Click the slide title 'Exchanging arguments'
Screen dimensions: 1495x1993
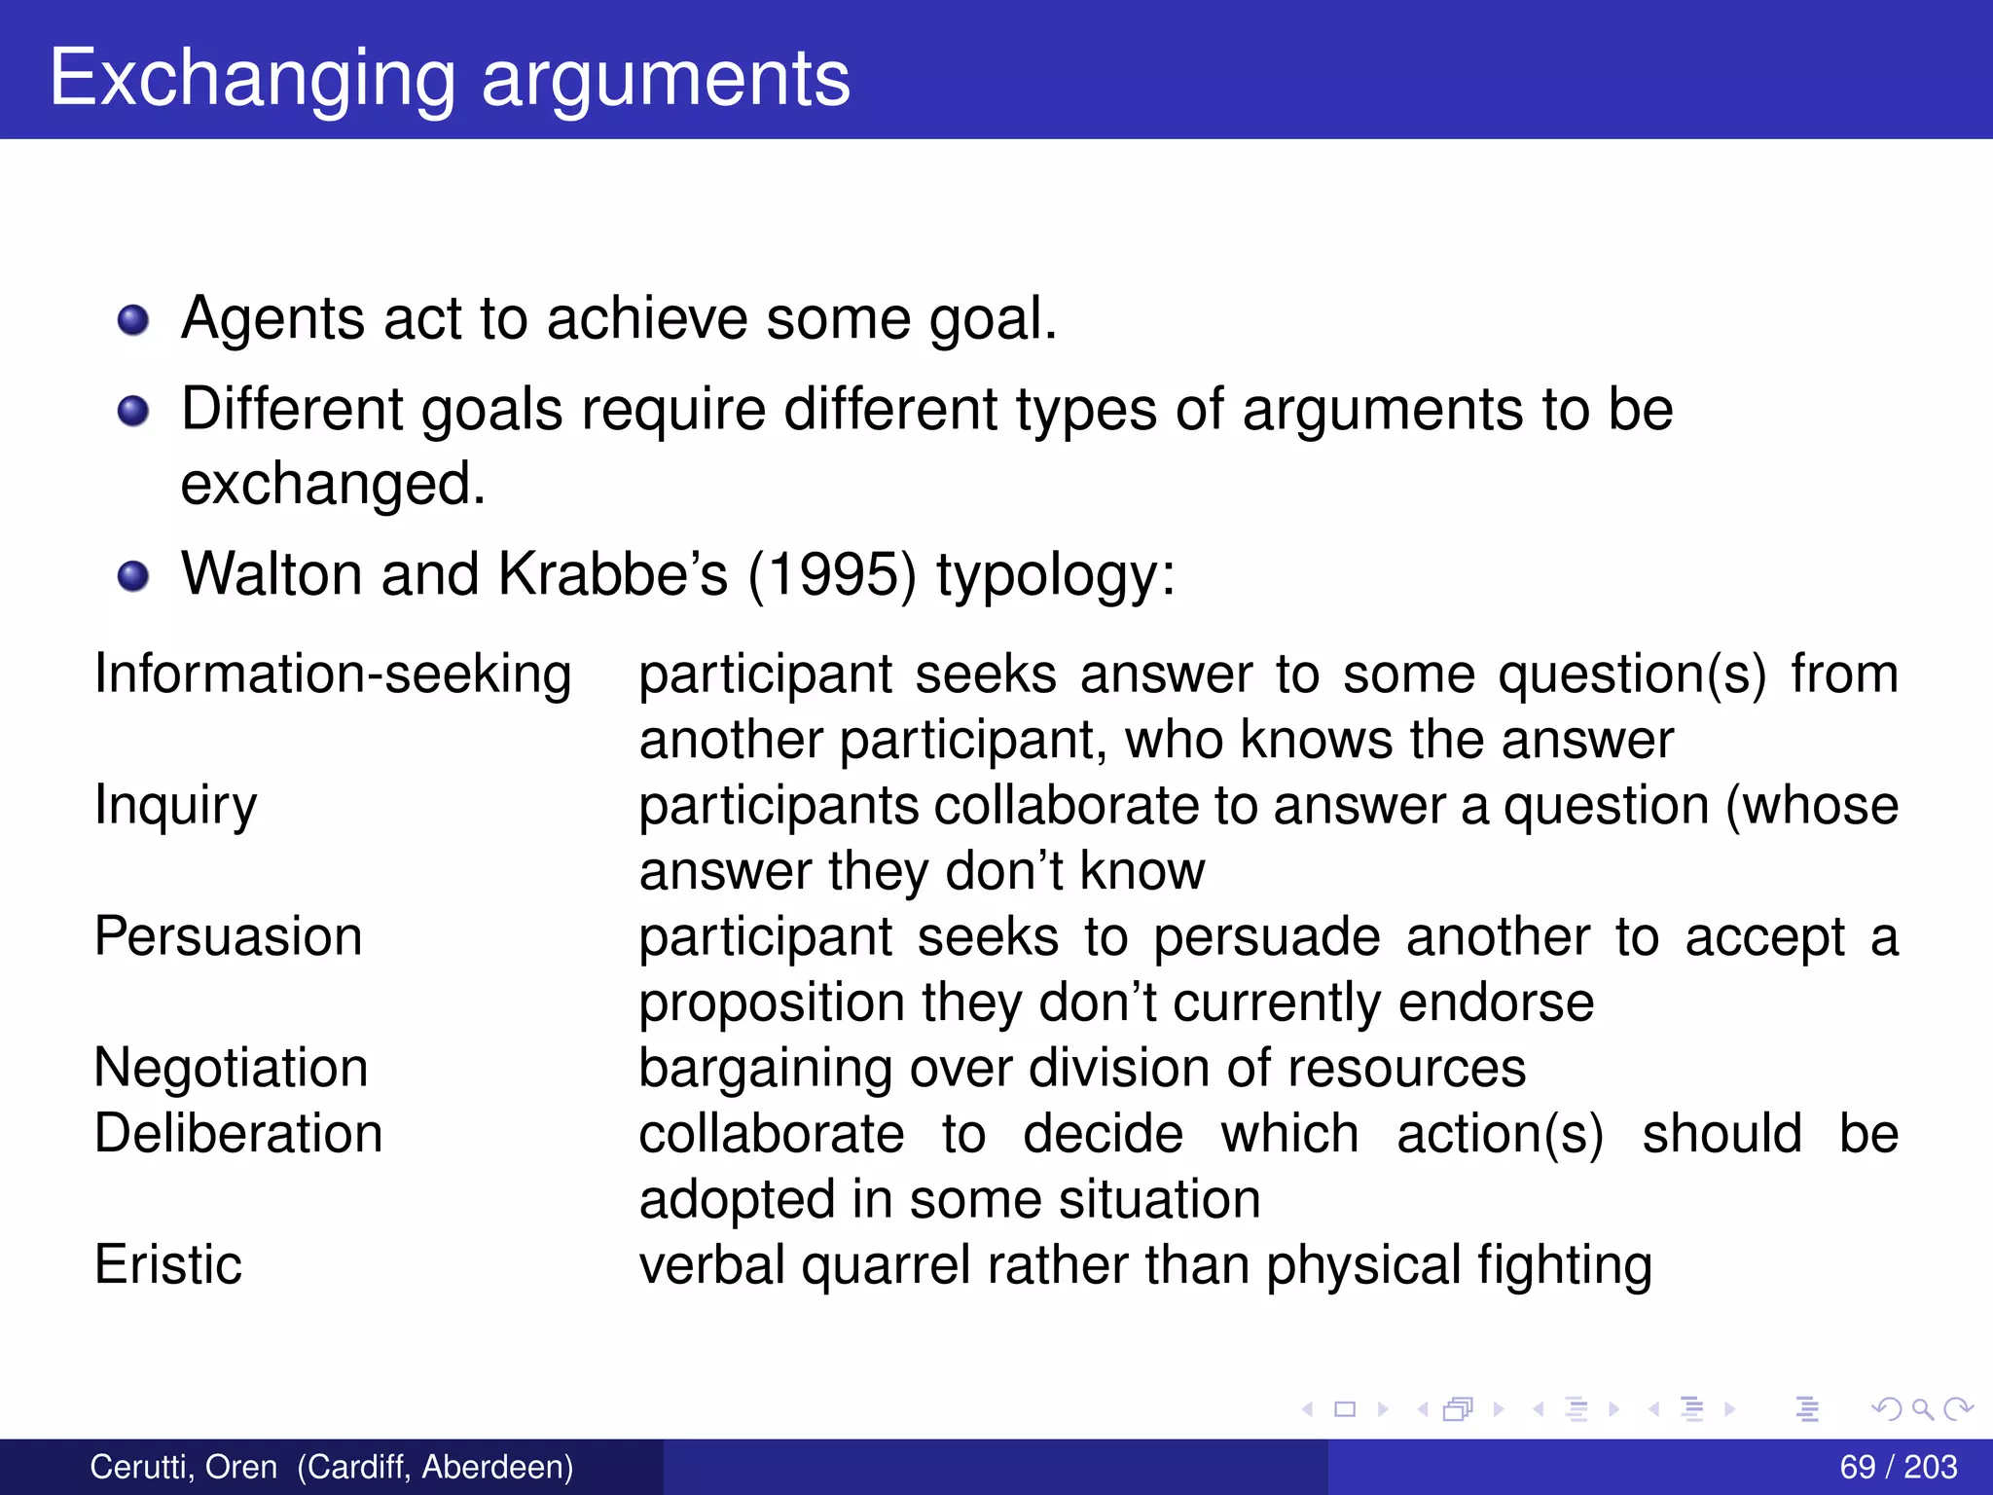click(x=450, y=78)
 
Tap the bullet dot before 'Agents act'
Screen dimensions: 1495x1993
click(x=133, y=320)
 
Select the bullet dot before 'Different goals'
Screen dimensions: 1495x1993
click(x=133, y=411)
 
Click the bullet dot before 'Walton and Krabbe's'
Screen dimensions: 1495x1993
click(x=133, y=576)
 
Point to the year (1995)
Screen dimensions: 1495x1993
click(x=832, y=574)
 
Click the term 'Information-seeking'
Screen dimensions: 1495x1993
click(x=333, y=674)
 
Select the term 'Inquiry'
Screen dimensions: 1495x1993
click(x=176, y=806)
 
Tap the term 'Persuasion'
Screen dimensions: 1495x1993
click(x=229, y=936)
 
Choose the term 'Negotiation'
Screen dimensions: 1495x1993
click(x=232, y=1068)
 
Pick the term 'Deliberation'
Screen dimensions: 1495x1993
click(x=238, y=1134)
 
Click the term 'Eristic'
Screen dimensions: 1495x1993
click(x=168, y=1265)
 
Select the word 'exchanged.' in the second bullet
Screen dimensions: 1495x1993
click(x=333, y=484)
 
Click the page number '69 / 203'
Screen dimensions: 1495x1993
click(x=1898, y=1467)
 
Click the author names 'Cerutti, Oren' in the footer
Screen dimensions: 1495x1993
click(x=184, y=1467)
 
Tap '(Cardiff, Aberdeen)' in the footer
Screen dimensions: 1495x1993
click(x=435, y=1467)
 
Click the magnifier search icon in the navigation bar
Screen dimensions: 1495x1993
click(x=1922, y=1409)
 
